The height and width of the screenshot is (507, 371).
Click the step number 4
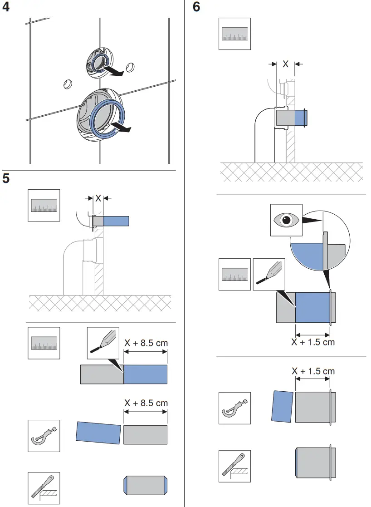pyautogui.click(x=6, y=8)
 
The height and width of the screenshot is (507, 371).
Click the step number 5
pyautogui.click(x=6, y=178)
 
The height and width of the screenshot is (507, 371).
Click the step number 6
pyautogui.click(x=196, y=8)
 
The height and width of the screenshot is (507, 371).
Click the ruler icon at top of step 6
pyautogui.click(x=234, y=34)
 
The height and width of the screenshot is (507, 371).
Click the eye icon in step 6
pyautogui.click(x=286, y=220)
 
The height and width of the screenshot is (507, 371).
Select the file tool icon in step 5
pyautogui.click(x=44, y=488)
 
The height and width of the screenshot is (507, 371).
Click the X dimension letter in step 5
pyautogui.click(x=98, y=198)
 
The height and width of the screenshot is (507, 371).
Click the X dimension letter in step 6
pyautogui.click(x=285, y=64)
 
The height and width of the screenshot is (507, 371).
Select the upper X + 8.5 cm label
pyautogui.click(x=146, y=343)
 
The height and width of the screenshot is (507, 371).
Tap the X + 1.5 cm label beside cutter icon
pyautogui.click(x=313, y=371)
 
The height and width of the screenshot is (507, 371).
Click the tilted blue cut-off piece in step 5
pyautogui.click(x=98, y=433)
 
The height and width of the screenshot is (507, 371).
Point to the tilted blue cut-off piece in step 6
pyautogui.click(x=282, y=405)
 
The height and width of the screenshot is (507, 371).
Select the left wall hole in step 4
pyautogui.click(x=67, y=84)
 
